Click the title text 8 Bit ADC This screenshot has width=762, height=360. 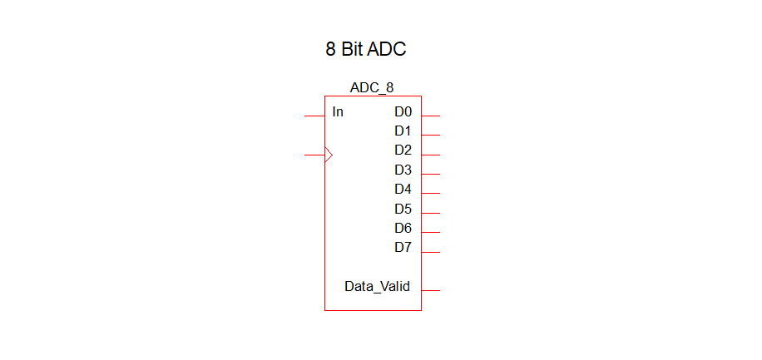(x=365, y=49)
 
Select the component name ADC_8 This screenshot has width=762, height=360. (x=372, y=87)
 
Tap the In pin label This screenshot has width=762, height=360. (x=338, y=111)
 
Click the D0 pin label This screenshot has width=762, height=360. (x=403, y=111)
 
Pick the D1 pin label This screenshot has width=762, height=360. (x=403, y=131)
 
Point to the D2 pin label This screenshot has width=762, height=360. (x=403, y=150)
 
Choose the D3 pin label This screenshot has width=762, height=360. (x=403, y=170)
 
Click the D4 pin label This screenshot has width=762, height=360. (x=403, y=189)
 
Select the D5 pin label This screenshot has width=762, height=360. (x=403, y=209)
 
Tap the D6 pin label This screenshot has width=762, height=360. (x=403, y=228)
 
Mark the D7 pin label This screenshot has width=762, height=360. (x=403, y=247)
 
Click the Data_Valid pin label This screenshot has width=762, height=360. (x=377, y=287)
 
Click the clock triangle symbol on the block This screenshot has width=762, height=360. (x=329, y=155)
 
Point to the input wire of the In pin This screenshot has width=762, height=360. (x=314, y=116)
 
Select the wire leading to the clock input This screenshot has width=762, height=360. (x=314, y=155)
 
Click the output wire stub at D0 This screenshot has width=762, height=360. (x=430, y=116)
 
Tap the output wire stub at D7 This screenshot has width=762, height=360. (x=430, y=252)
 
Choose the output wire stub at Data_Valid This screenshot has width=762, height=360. (x=430, y=290)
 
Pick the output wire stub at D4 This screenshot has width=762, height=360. (x=430, y=194)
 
